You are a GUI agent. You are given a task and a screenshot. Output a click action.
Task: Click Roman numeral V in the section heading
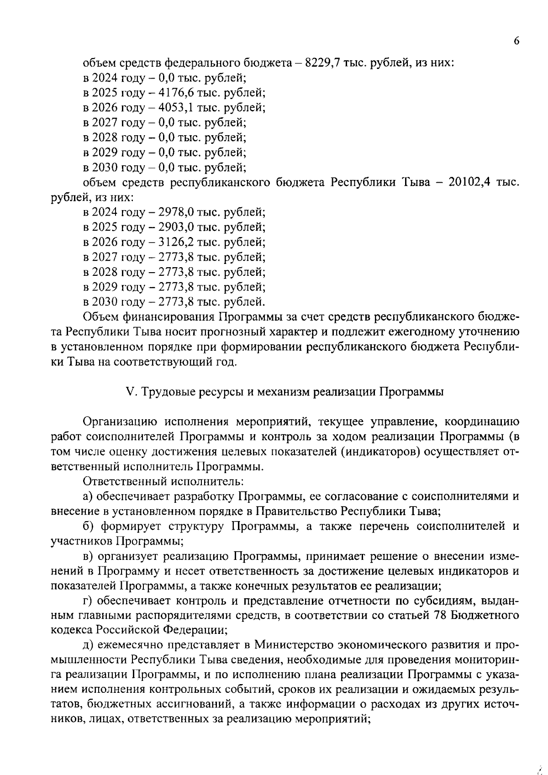tap(128, 392)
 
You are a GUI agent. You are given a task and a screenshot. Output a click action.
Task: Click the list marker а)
tap(88, 496)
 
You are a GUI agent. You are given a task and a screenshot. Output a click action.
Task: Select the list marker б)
tap(89, 526)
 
